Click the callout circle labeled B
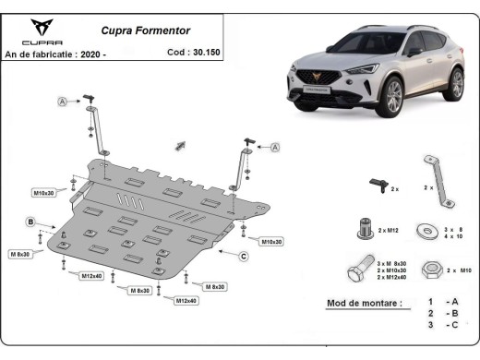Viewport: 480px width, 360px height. (30, 222)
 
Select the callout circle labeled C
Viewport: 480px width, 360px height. (243, 256)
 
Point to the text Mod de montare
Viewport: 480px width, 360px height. (364, 303)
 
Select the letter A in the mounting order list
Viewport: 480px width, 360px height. (455, 302)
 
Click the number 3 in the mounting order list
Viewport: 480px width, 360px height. (430, 326)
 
